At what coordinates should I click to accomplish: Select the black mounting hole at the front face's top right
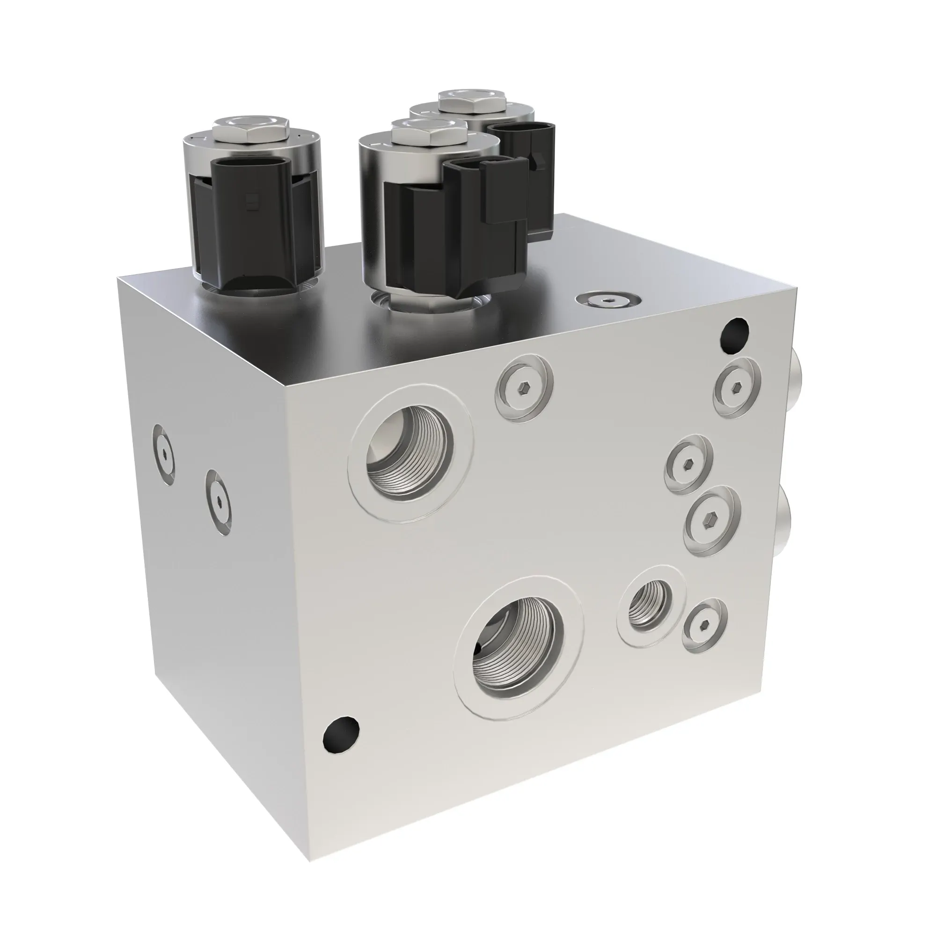pos(734,332)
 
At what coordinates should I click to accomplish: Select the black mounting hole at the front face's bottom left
pos(341,741)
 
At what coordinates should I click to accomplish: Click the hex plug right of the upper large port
pos(524,388)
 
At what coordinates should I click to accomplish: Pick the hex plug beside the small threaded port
pos(705,625)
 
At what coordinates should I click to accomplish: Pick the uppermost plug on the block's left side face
pos(164,453)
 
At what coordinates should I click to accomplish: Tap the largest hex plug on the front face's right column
pos(712,521)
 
